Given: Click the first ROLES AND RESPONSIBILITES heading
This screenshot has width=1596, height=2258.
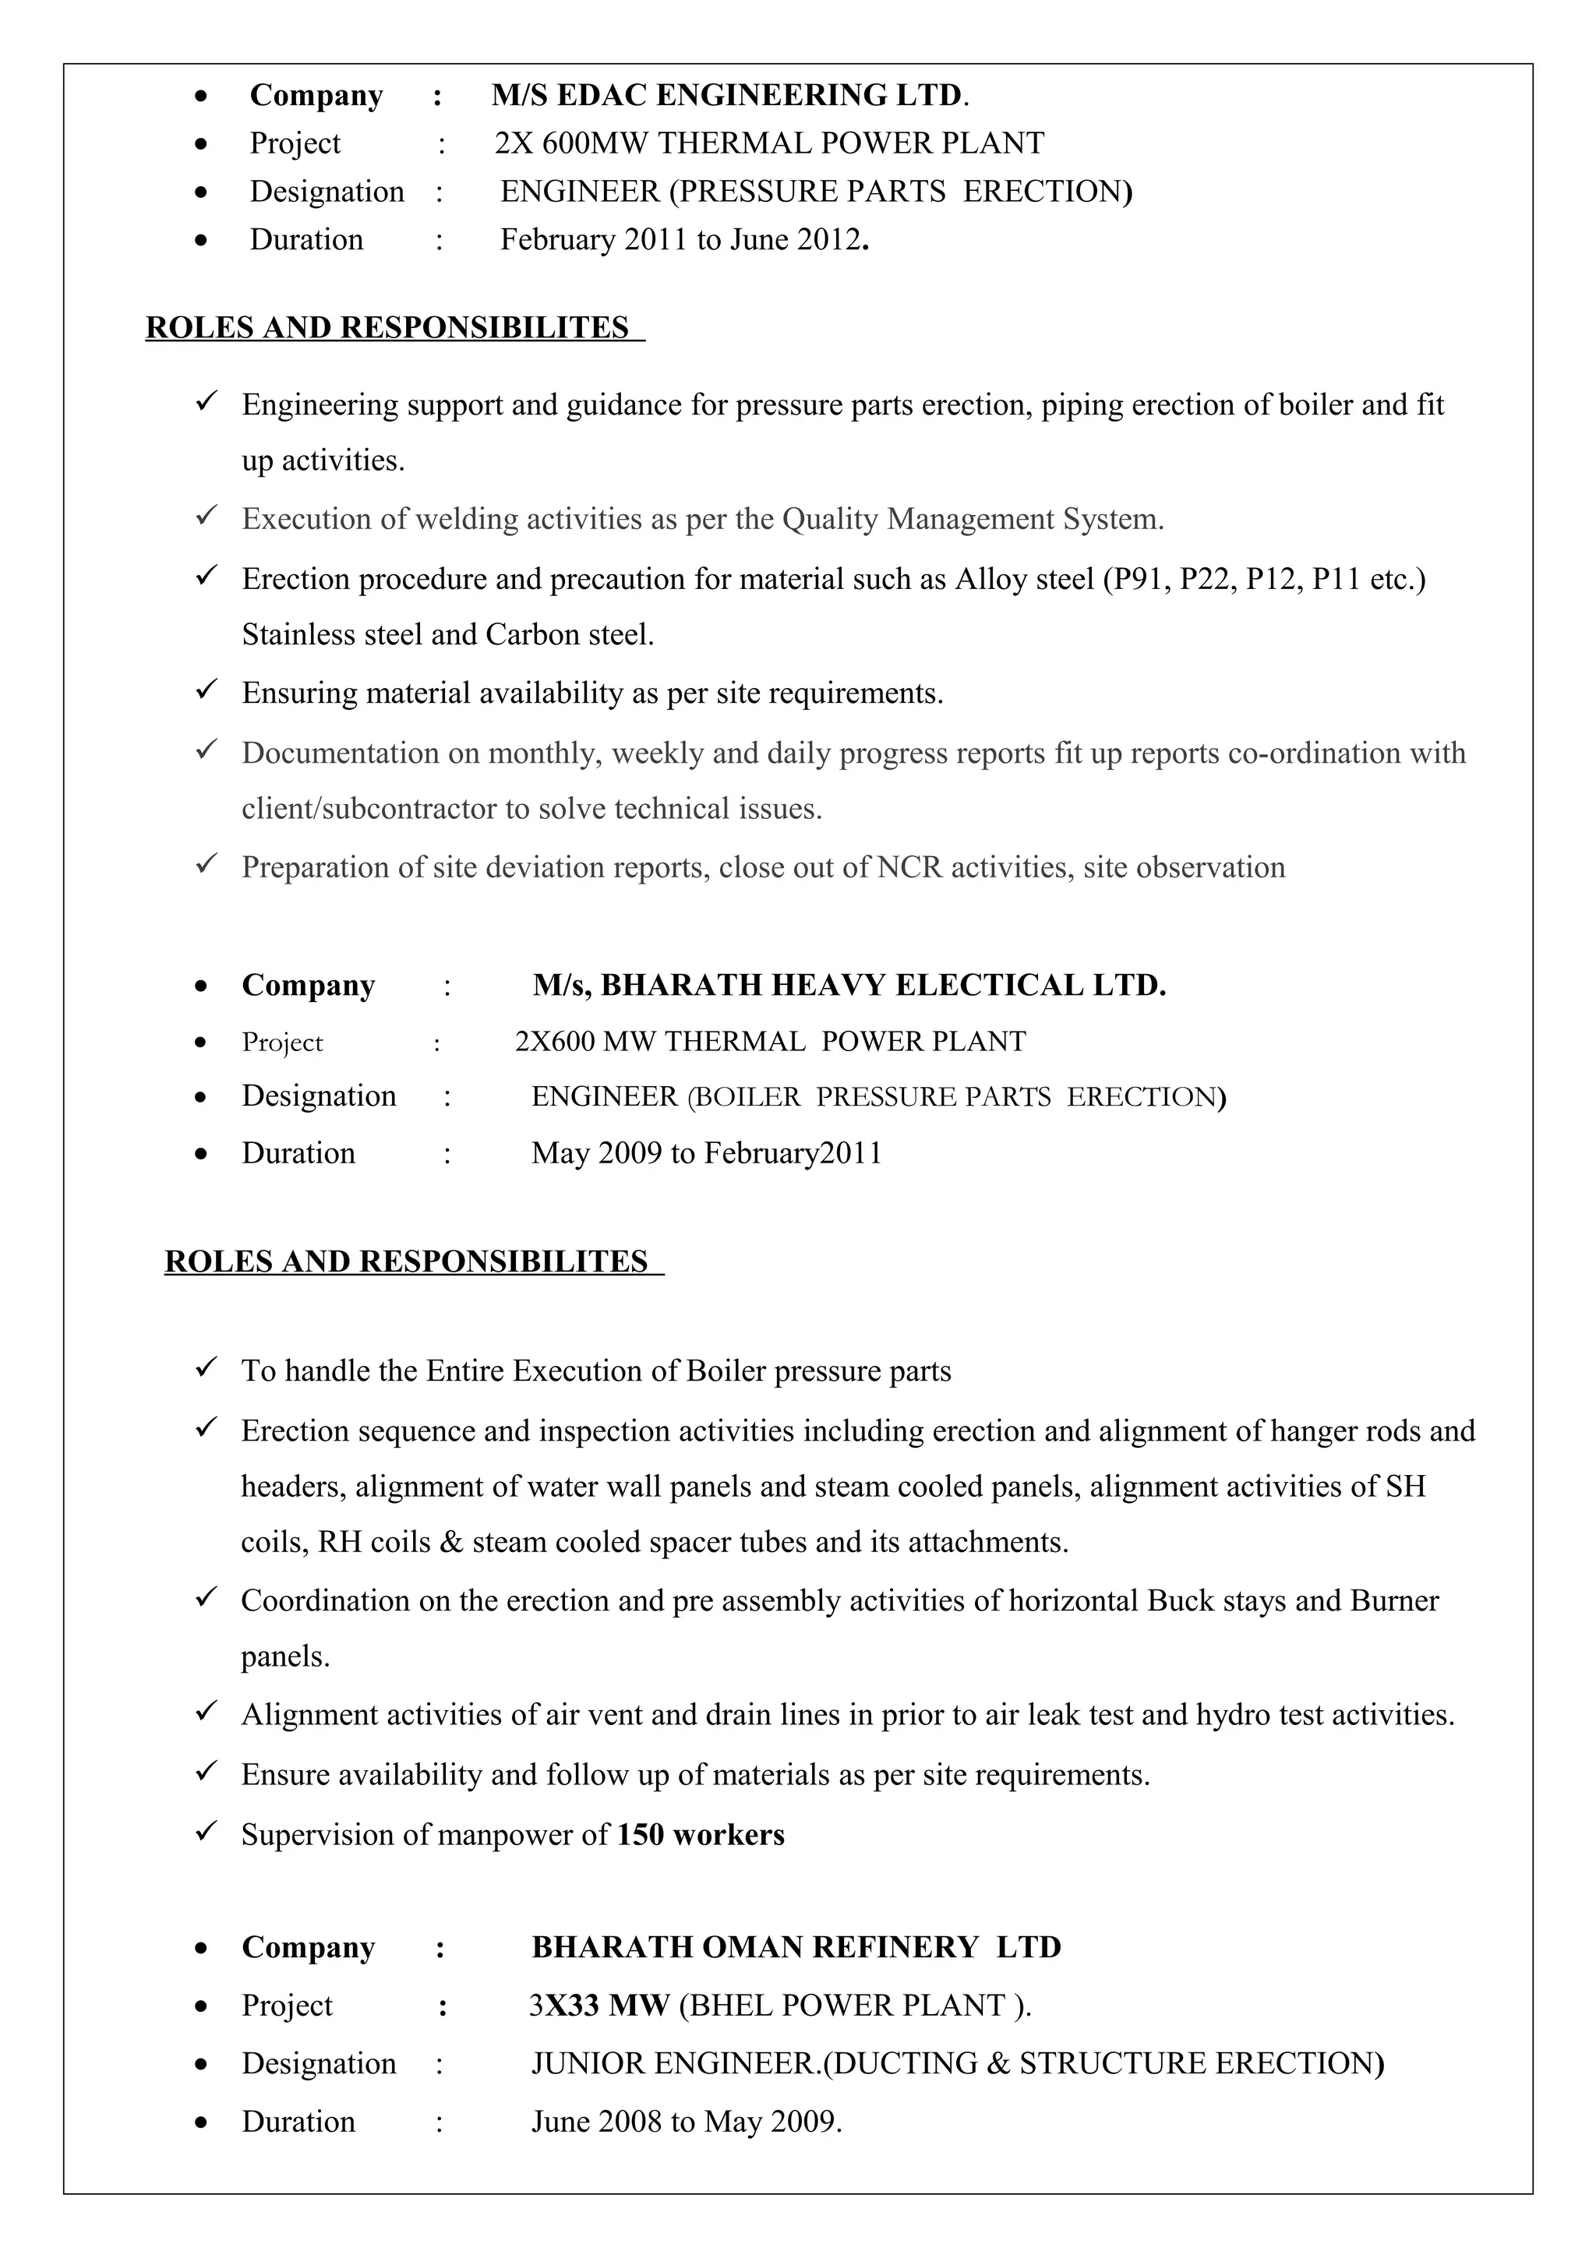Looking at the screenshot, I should [x=387, y=327].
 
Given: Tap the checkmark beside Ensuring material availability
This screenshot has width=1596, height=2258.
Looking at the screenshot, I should [x=206, y=691].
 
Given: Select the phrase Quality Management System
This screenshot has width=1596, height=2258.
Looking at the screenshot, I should [x=972, y=519].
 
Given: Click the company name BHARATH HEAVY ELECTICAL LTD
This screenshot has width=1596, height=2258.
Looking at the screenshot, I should [x=849, y=986].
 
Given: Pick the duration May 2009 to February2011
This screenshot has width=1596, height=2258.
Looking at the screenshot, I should [x=706, y=1154].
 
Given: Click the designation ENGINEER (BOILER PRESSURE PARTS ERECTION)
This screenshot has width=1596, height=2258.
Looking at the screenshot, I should [x=878, y=1098].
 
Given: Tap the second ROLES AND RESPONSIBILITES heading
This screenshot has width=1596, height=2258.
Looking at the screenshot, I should [x=406, y=1261].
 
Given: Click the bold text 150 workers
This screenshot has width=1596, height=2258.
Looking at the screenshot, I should [x=700, y=1835].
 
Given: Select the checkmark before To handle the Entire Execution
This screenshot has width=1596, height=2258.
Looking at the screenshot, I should [x=206, y=1369].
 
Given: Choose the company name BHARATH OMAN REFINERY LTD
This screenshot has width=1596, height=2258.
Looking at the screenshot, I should [x=796, y=1948].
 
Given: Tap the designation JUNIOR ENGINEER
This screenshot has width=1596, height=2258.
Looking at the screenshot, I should [x=673, y=2063].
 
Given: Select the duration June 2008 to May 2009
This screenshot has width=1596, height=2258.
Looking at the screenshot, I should [x=687, y=2122].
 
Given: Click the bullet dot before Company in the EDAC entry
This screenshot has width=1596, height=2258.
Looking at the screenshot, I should [x=202, y=97].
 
